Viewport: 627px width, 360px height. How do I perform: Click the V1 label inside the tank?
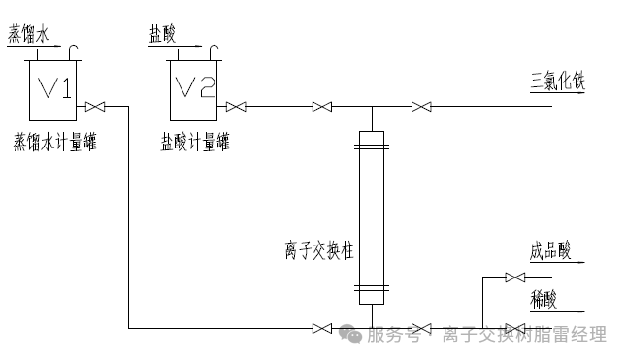click(53, 88)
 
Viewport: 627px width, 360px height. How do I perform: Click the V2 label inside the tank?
click(193, 88)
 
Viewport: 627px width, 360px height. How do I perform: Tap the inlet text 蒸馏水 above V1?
click(27, 33)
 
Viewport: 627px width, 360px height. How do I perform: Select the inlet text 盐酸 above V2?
click(162, 33)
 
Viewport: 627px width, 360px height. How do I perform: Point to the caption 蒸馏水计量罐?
click(55, 142)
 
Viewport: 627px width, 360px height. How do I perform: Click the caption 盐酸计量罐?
click(195, 142)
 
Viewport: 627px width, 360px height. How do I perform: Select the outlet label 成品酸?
click(550, 250)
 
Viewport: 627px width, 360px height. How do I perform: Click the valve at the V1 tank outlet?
click(95, 106)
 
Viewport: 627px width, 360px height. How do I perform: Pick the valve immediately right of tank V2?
click(235, 106)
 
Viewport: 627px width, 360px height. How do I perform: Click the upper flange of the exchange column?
click(372, 147)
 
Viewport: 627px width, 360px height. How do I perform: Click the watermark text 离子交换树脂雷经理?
click(525, 336)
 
